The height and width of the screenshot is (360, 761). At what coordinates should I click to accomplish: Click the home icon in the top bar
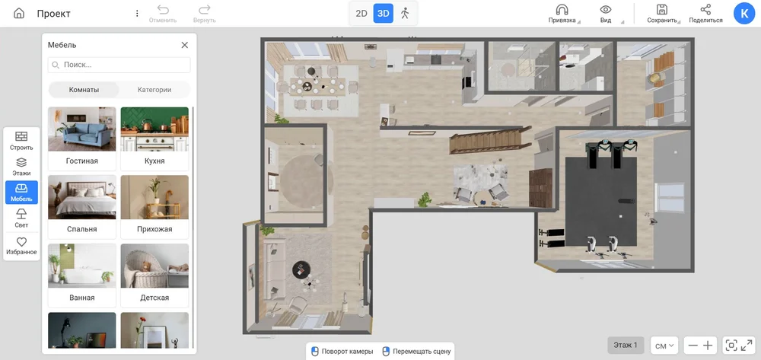click(19, 13)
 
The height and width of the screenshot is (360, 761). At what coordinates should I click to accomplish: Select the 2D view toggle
click(361, 14)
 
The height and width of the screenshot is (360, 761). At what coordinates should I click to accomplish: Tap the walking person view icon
click(405, 14)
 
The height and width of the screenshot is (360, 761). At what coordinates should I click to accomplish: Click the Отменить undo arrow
click(163, 10)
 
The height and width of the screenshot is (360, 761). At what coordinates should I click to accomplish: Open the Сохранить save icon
click(661, 10)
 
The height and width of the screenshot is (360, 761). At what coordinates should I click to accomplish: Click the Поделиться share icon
click(705, 10)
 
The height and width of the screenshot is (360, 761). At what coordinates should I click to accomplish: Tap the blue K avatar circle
click(744, 14)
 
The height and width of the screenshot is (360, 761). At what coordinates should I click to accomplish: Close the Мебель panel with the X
click(184, 45)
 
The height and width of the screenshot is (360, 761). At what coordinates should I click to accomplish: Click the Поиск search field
click(119, 65)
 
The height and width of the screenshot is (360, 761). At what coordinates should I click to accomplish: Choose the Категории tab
click(154, 90)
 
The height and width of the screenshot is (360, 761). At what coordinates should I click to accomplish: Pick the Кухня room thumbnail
click(154, 139)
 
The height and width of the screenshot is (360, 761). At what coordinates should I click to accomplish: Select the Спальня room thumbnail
click(82, 207)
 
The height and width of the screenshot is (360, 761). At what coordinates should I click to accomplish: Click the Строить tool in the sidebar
click(21, 141)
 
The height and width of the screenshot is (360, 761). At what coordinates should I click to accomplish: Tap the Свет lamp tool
click(21, 218)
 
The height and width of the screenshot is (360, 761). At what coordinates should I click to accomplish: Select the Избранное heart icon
click(21, 246)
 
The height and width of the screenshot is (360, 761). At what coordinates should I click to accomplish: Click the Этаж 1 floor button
click(626, 346)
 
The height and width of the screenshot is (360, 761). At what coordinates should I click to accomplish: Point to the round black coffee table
click(301, 269)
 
